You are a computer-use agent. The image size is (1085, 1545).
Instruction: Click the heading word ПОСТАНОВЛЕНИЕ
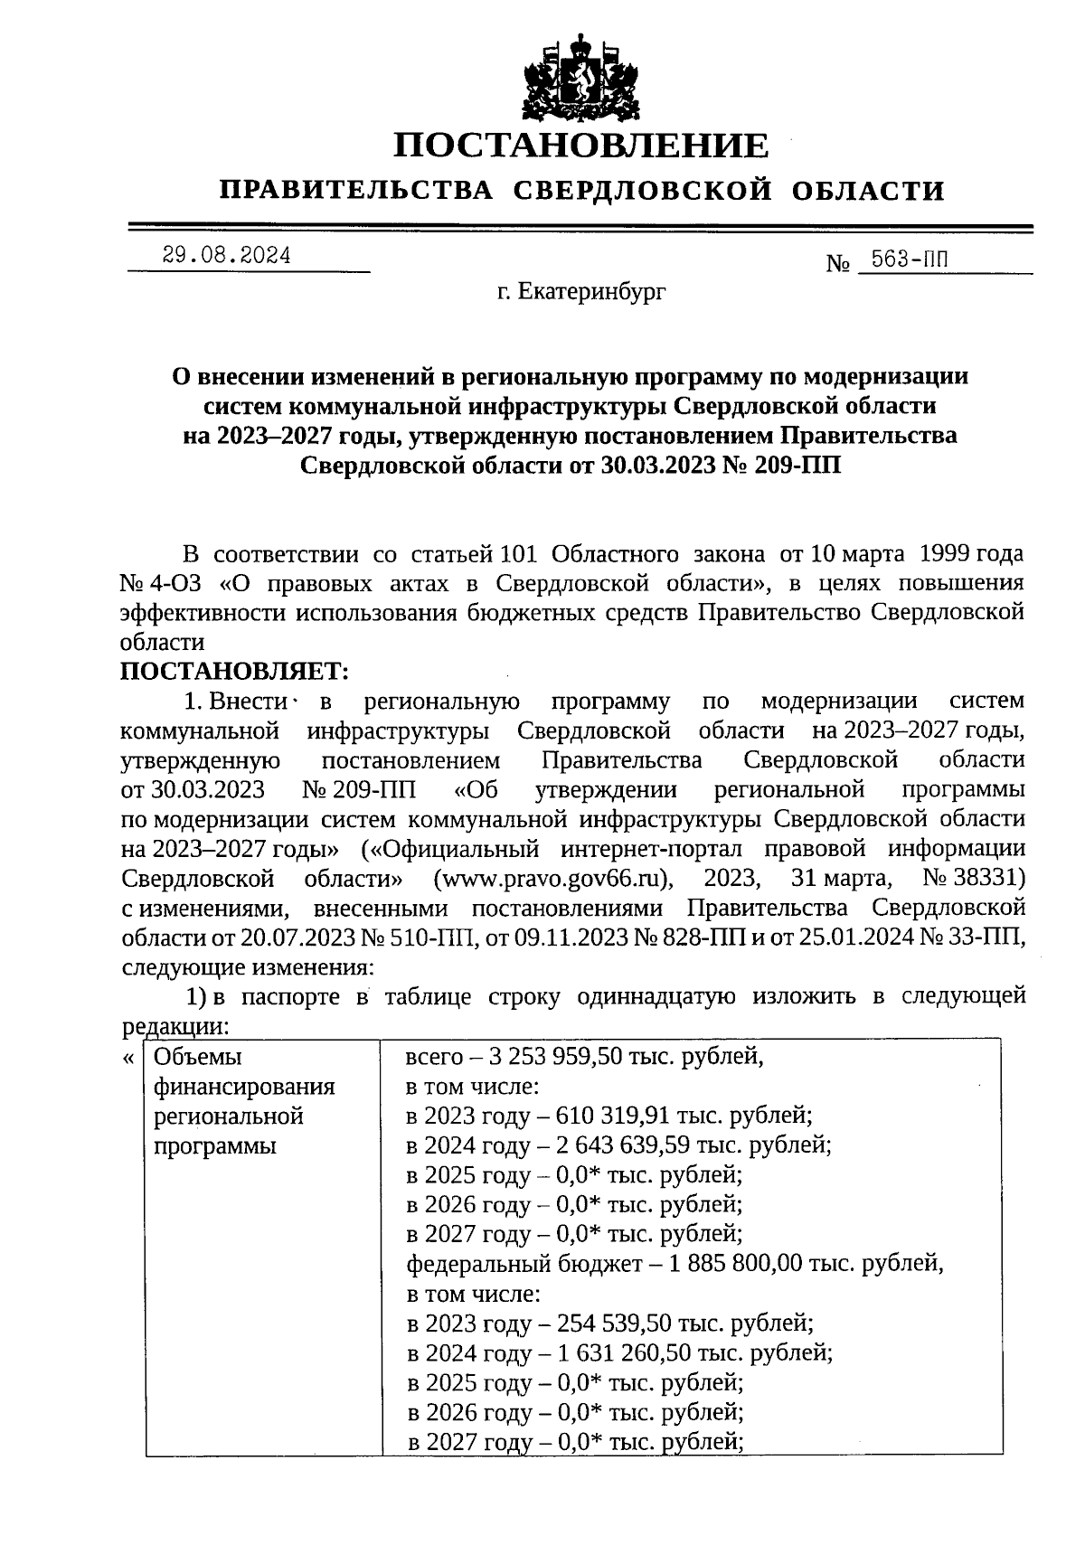coord(582,146)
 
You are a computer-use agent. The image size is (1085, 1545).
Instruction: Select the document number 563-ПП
coord(904,261)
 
